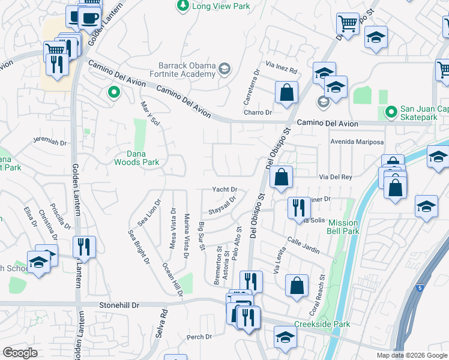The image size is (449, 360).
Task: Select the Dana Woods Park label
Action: click(x=137, y=157)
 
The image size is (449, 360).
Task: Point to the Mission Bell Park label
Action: click(x=343, y=226)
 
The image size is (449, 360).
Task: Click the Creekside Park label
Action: click(x=322, y=324)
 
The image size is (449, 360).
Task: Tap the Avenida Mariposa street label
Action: click(x=357, y=142)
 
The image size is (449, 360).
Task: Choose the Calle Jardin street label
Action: click(x=303, y=245)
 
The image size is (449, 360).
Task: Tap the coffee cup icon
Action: click(x=90, y=17)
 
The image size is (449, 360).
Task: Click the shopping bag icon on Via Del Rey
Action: click(x=281, y=177)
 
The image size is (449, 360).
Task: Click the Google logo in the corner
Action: click(x=20, y=353)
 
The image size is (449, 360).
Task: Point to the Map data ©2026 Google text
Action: click(x=411, y=355)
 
